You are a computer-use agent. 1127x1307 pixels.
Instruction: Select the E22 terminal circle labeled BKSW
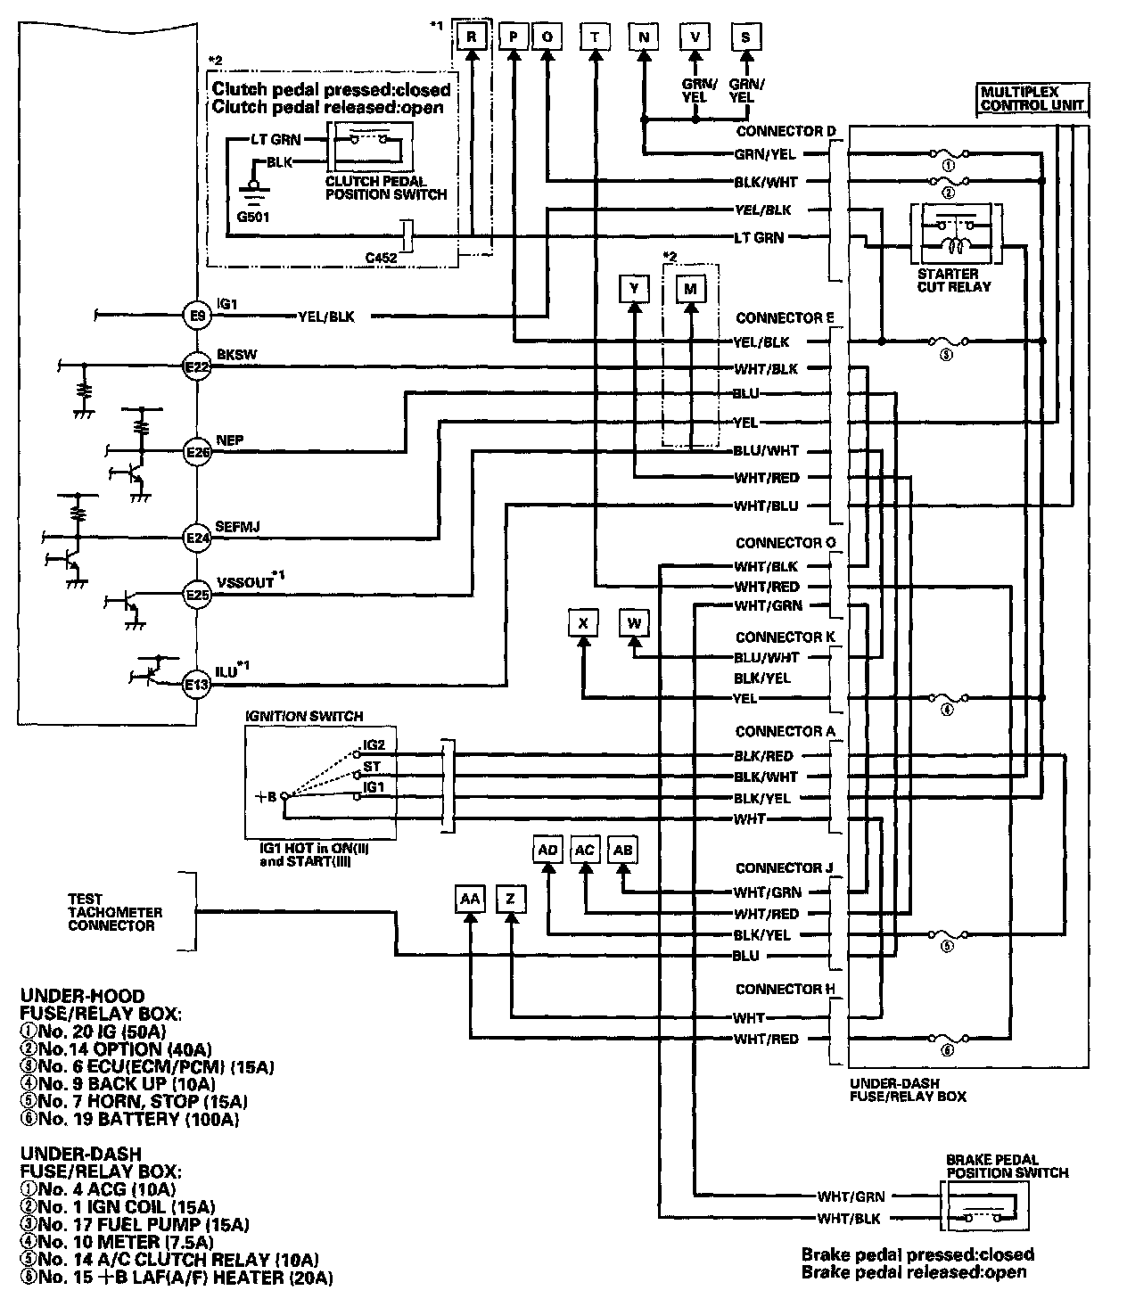click(196, 366)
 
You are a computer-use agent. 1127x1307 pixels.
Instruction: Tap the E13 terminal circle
click(196, 685)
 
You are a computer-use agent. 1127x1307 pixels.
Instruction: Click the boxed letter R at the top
click(471, 37)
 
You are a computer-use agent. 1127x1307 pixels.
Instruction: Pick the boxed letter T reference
click(595, 37)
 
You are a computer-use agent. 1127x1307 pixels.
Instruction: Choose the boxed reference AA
click(469, 900)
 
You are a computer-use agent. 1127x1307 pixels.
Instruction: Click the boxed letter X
click(583, 624)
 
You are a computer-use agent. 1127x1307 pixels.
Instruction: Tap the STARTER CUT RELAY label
click(953, 280)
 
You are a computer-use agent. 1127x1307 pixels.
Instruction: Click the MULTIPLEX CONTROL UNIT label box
click(1032, 98)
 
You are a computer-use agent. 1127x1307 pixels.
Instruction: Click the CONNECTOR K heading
click(779, 637)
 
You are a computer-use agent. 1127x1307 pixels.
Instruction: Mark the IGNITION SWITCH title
click(305, 716)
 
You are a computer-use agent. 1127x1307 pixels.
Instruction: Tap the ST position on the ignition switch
click(372, 766)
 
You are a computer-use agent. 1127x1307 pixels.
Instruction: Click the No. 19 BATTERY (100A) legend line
click(129, 1119)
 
